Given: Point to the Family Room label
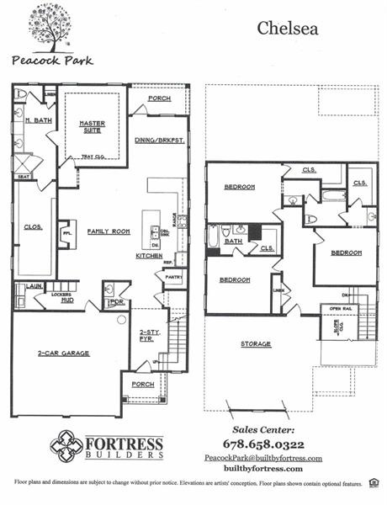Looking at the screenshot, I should [108, 231].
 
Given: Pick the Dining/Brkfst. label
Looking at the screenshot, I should [158, 140].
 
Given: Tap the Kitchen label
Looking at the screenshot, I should [149, 255].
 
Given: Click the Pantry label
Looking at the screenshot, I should [173, 276].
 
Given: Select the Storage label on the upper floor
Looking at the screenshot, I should [256, 343].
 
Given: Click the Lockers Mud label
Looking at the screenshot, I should [61, 298].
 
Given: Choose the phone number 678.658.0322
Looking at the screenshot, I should [263, 444].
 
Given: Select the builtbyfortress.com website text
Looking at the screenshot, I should [263, 469].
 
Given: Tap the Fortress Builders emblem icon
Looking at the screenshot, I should [66, 443].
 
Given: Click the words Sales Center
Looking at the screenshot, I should [263, 428].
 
